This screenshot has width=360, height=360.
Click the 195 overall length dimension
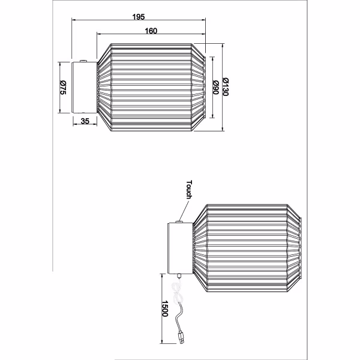pyautogui.click(x=139, y=16)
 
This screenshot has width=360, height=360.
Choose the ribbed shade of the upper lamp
pyautogui.click(x=151, y=88)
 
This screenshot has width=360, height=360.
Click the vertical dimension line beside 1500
pyautogui.click(x=163, y=312)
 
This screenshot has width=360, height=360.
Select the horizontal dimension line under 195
pyautogui.click(x=139, y=22)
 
